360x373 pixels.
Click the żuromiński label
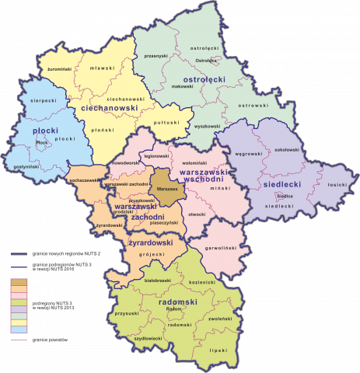(x=60, y=70)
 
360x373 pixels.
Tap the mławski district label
(x=103, y=68)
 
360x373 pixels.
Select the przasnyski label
(x=156, y=56)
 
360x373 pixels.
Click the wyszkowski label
(x=206, y=125)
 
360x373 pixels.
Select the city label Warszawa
(x=166, y=189)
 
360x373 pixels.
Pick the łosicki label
(x=337, y=185)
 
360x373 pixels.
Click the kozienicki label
(x=201, y=282)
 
